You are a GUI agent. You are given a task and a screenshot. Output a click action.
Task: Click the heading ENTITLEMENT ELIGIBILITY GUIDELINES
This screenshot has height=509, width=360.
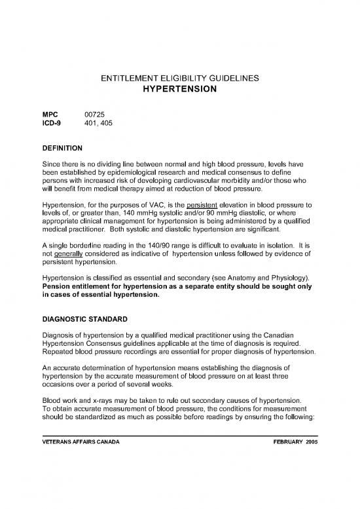180,79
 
